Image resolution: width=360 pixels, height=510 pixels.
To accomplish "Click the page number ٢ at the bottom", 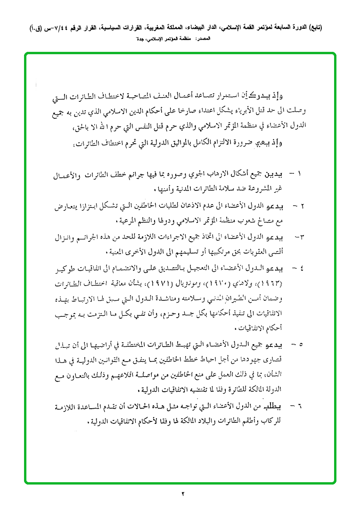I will [x=182, y=494].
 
